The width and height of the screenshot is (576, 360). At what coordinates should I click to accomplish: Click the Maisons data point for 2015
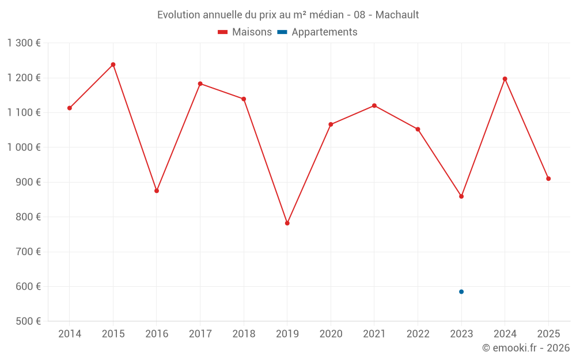point(113,65)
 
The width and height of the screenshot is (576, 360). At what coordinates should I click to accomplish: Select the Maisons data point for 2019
point(287,223)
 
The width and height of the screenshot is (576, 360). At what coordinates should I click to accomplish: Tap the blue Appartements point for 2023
point(461,291)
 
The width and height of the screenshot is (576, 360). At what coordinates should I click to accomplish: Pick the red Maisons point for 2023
point(461,196)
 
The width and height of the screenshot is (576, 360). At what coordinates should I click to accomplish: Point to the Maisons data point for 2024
point(505,79)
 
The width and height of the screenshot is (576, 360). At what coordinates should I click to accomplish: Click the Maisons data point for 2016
point(157,191)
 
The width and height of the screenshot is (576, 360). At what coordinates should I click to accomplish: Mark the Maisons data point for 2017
point(200,84)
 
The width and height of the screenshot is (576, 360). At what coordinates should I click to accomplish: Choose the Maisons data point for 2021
point(374,105)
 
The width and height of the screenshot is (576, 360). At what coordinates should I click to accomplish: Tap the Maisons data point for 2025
point(548,179)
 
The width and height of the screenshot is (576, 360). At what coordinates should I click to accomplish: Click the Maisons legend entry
point(245,32)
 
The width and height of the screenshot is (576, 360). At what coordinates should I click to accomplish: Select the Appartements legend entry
point(317,32)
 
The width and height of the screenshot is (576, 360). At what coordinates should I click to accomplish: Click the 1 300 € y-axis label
point(24,43)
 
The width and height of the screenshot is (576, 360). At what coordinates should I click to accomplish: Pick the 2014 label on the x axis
point(70,334)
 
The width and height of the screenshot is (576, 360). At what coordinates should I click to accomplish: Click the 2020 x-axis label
point(331,334)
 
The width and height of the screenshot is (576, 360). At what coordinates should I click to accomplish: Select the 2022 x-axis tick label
point(418,334)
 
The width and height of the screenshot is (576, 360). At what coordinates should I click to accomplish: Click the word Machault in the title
point(397,14)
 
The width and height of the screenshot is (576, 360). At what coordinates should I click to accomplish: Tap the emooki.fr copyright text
point(525,348)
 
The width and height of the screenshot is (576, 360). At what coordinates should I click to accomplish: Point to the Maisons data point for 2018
point(244,99)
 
